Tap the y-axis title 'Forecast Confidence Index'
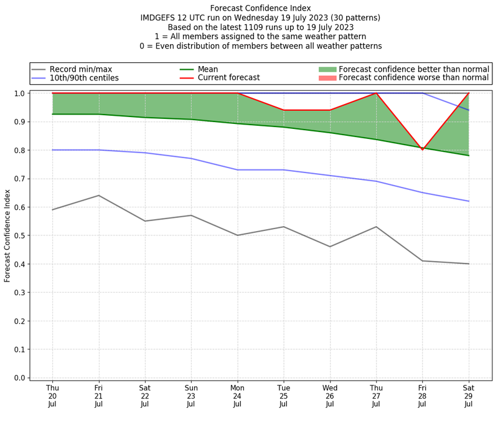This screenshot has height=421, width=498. (7, 235)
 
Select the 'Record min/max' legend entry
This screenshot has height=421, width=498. (80, 69)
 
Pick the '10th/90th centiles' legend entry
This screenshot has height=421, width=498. (84, 78)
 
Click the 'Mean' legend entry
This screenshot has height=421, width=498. (217, 69)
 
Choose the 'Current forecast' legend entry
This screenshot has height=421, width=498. (228, 78)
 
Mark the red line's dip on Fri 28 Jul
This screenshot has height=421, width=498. (422, 149)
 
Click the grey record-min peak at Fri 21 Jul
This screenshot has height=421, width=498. (98, 196)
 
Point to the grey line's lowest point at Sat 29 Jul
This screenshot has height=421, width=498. (468, 264)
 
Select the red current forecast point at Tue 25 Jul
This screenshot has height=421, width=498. (283, 110)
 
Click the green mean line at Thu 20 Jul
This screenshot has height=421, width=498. (52, 114)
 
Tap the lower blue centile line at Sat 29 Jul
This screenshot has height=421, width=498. (468, 201)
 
